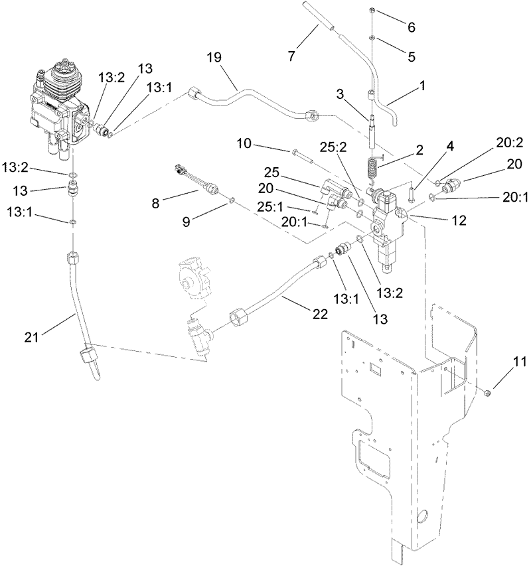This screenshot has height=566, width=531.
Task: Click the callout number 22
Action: tap(320, 315)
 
